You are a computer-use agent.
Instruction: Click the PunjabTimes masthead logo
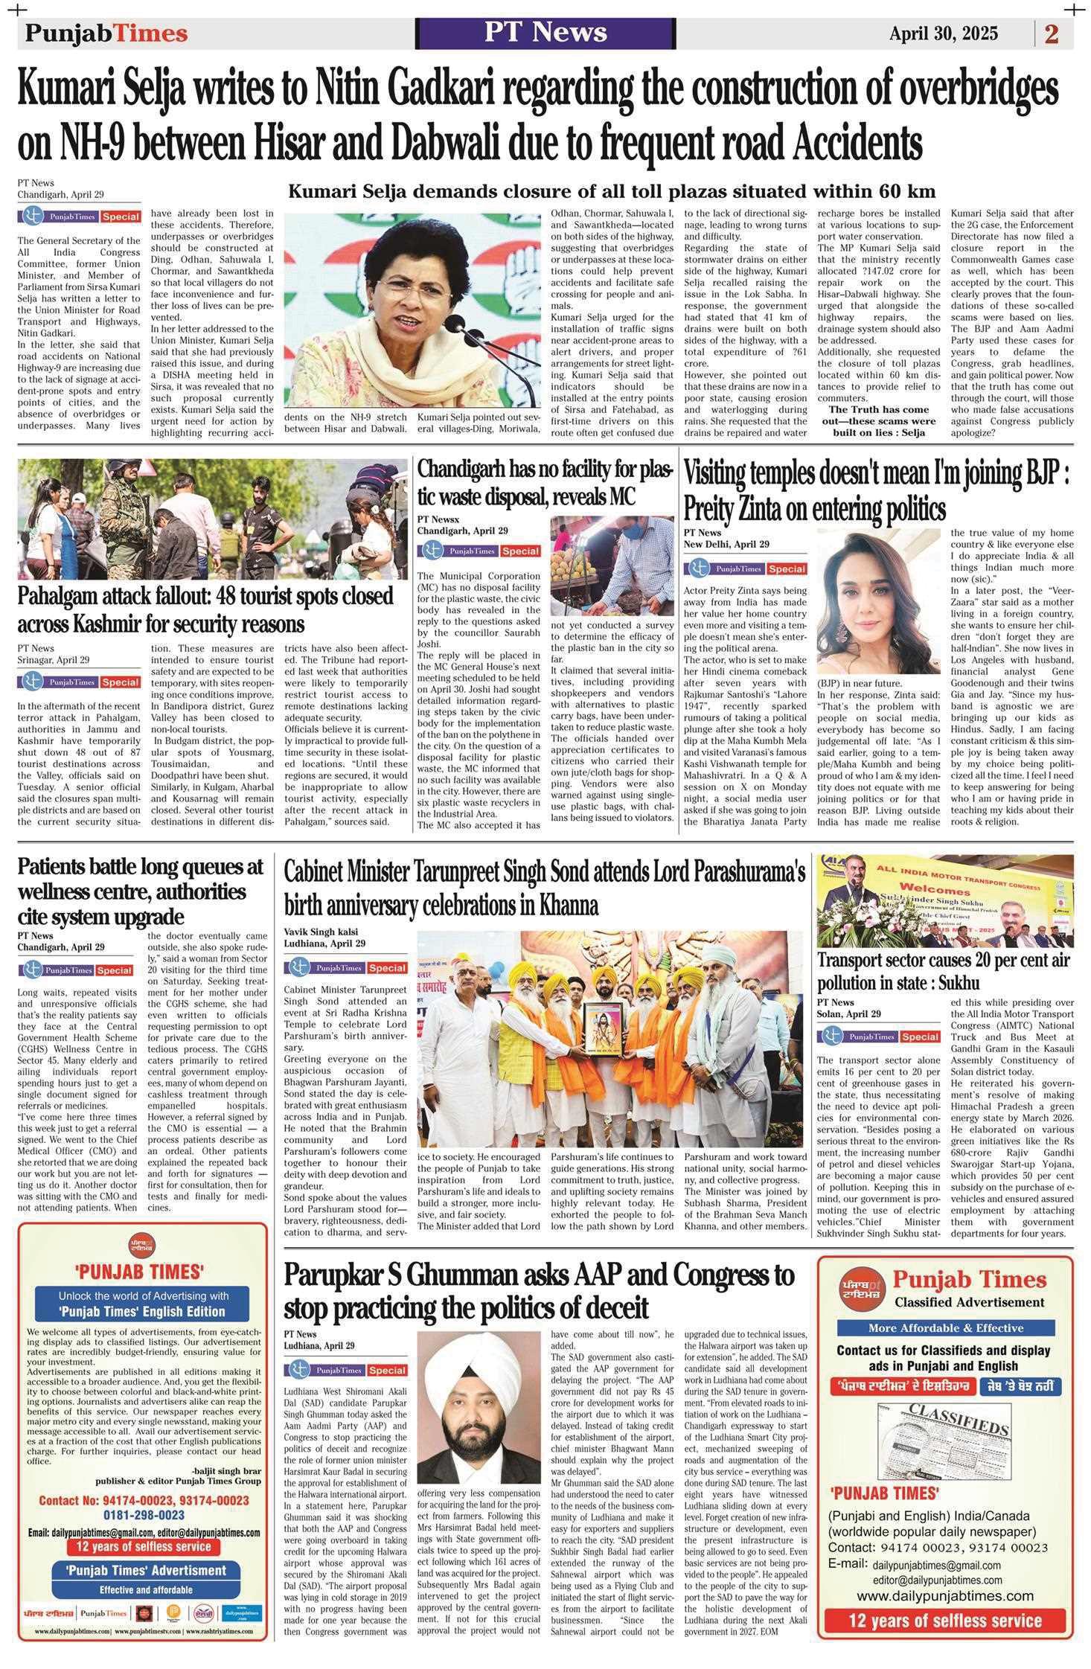(x=106, y=33)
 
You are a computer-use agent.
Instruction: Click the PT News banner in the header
(x=545, y=33)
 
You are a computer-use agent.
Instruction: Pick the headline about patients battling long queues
(x=141, y=890)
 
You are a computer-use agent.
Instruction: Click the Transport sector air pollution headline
(x=944, y=970)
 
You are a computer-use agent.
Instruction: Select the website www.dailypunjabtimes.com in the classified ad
(x=944, y=1595)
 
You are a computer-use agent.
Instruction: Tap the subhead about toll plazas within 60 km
(x=612, y=190)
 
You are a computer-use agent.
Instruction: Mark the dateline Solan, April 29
(x=849, y=1013)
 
